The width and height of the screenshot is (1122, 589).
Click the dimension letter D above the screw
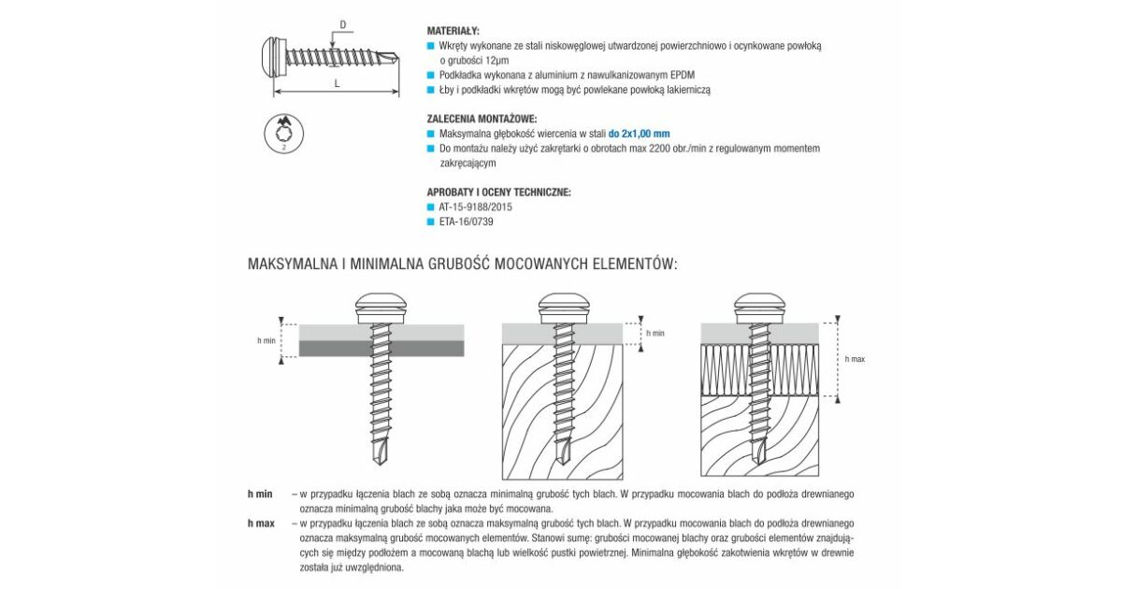pos(343,24)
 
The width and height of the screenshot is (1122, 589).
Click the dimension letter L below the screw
pos(338,83)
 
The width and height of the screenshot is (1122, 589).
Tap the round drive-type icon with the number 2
pos(284,134)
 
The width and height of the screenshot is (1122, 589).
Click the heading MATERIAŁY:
pos(453,31)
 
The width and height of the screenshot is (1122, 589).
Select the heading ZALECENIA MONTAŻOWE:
pos(482,120)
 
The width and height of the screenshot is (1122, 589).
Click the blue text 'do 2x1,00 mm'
pos(639,134)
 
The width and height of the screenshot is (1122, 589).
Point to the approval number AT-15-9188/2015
pos(475,207)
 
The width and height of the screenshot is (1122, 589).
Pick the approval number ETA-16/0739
pos(467,222)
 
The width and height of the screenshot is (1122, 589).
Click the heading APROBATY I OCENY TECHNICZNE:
pos(499,193)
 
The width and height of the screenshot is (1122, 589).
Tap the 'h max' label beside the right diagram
pos(855,359)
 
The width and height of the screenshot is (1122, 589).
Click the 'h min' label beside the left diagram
pos(266,340)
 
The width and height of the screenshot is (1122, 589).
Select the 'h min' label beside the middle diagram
pos(655,333)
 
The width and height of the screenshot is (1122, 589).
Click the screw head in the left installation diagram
pos(381,308)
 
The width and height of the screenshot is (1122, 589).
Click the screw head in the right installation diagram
pos(759,308)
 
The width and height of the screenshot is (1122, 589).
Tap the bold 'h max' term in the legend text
pos(261,524)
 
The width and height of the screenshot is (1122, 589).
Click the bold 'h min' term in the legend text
pos(260,494)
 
